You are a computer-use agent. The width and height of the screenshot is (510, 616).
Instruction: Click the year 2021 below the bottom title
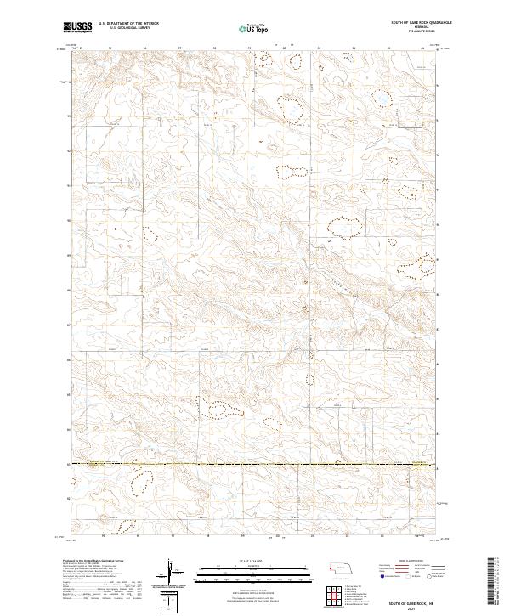point(410,608)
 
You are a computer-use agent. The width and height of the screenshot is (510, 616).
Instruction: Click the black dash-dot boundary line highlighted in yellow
point(255,464)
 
